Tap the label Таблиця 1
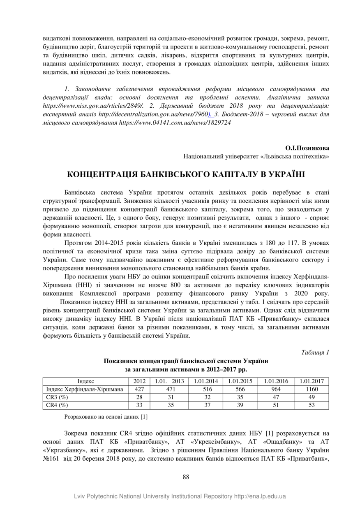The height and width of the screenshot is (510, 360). [x=315, y=352]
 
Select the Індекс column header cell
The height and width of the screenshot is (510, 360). [x=85, y=381]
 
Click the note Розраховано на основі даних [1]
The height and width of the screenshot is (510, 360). [x=106, y=417]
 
